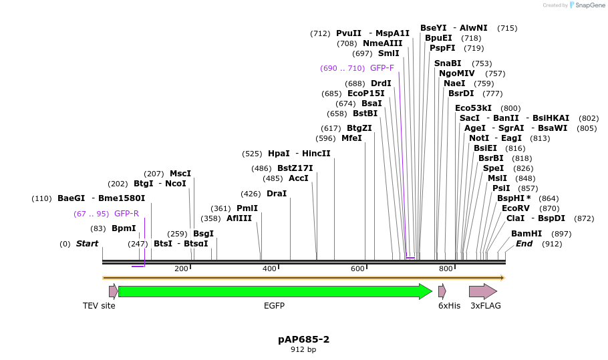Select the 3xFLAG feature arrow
coord(482,291)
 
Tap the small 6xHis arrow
coord(442,291)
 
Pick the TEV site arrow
coord(113,291)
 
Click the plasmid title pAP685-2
coord(304,339)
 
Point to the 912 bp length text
coord(304,349)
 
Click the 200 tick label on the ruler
coord(181,268)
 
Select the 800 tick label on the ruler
coord(446,268)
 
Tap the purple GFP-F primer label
coord(382,68)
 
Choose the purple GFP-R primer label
coord(126,214)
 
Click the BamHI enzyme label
coord(526,234)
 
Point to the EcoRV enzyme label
coord(515,208)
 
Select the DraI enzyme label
coord(277,194)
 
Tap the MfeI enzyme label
coord(351,138)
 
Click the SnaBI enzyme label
coord(448,63)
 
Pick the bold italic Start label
coord(87,244)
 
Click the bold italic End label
coord(524,244)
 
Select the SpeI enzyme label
coord(493,168)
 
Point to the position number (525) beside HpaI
coord(252,154)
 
